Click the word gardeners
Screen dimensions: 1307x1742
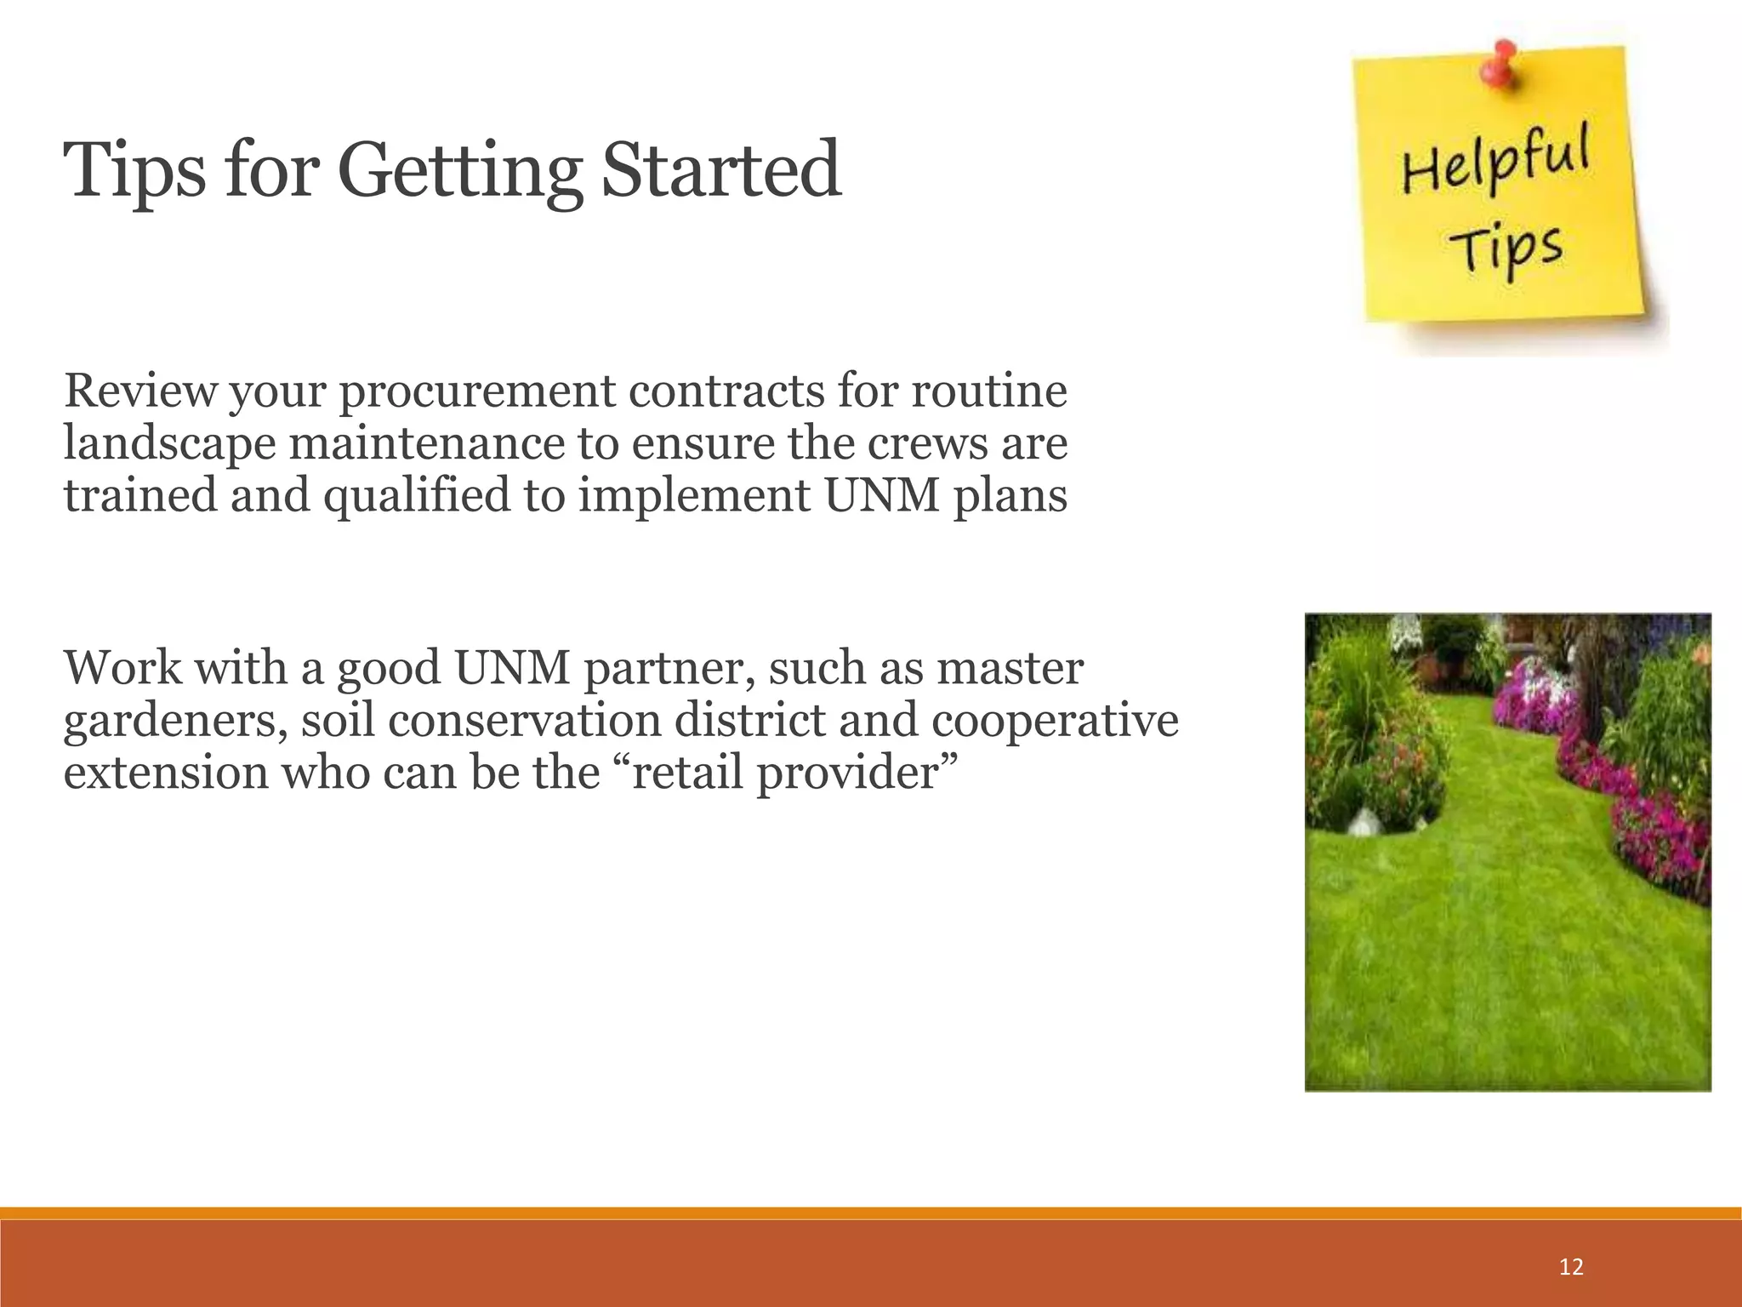tap(174, 722)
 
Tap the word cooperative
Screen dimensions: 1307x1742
tap(1055, 722)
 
